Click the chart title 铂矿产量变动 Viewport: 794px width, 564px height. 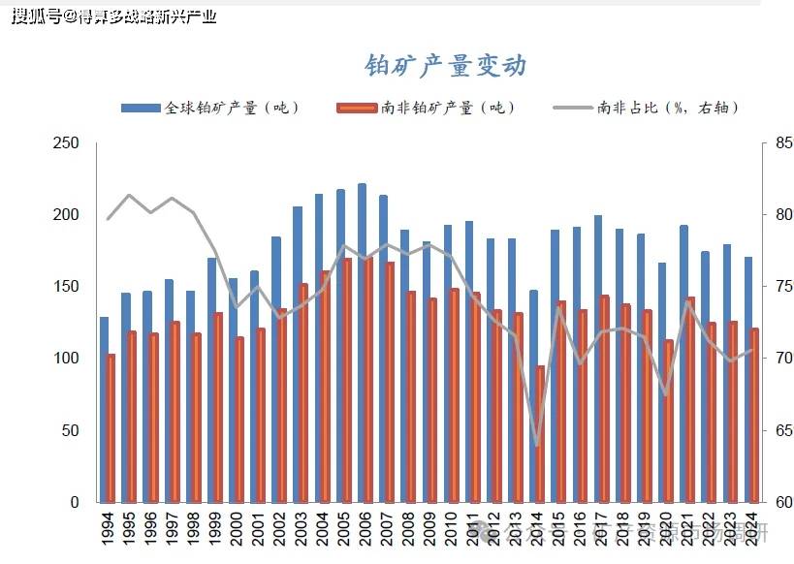point(445,65)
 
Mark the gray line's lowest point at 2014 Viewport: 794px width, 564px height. point(537,446)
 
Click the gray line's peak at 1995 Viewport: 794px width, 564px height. point(130,196)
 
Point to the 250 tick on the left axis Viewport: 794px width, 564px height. point(66,143)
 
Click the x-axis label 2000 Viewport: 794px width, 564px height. point(235,530)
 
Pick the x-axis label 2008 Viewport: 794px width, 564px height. point(406,530)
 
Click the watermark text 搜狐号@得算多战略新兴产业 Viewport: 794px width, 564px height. point(113,16)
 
